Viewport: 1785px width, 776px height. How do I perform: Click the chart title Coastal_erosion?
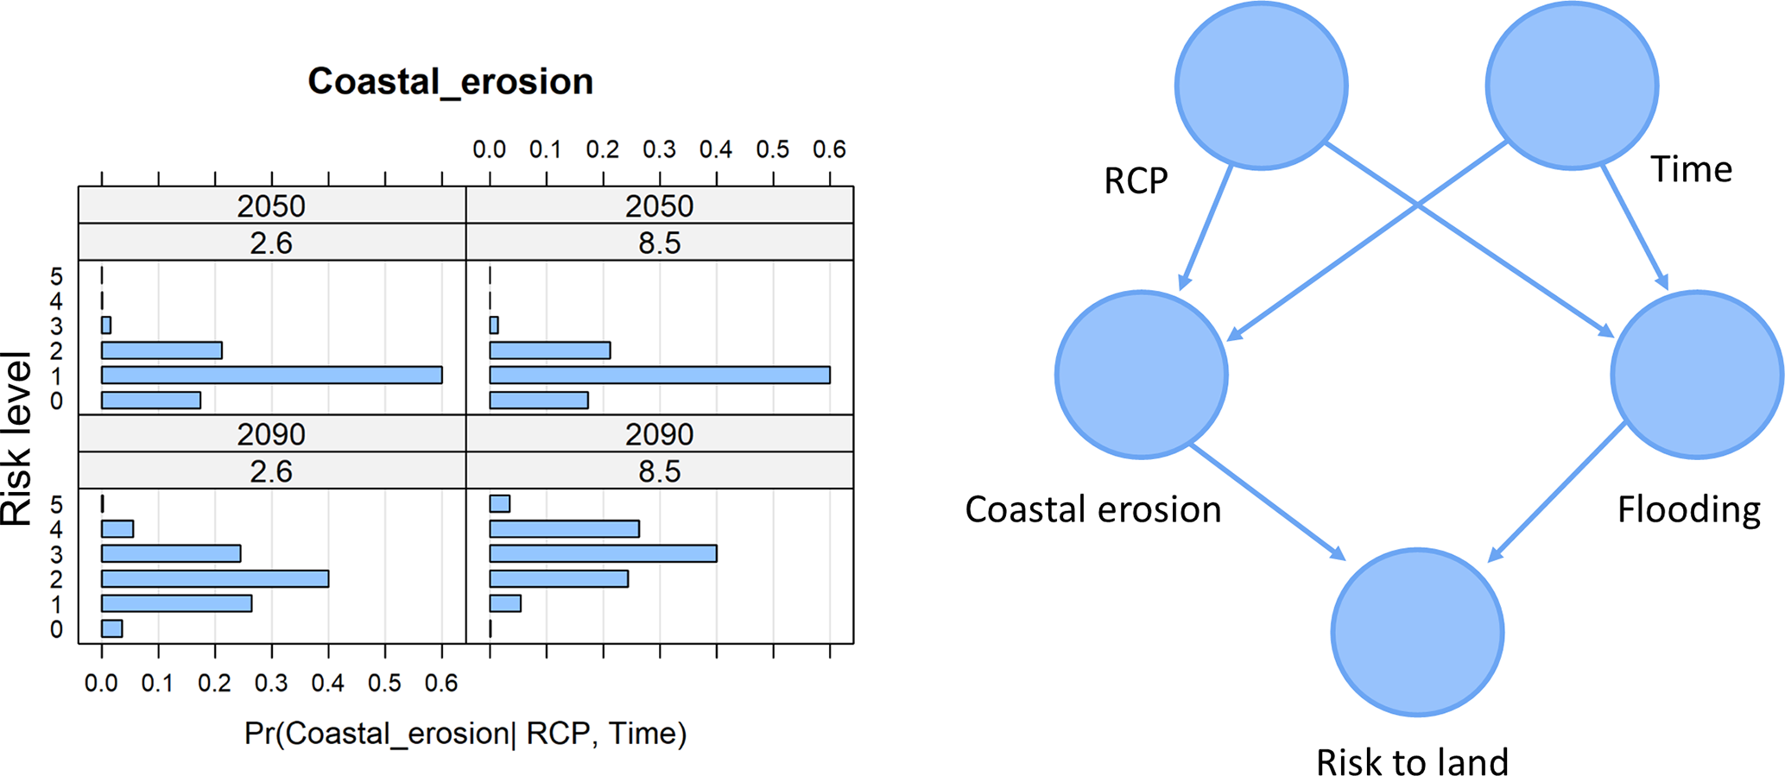click(451, 82)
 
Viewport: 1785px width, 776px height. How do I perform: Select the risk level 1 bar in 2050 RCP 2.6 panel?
click(272, 375)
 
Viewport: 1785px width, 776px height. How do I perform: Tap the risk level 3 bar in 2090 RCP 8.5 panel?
click(603, 553)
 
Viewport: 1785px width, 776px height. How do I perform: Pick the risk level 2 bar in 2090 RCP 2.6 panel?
click(215, 578)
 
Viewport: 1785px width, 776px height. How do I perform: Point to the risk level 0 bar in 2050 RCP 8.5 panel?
click(539, 400)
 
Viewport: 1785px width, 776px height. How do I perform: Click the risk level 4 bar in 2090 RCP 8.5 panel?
click(564, 528)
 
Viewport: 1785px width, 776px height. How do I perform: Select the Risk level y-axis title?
click(16, 438)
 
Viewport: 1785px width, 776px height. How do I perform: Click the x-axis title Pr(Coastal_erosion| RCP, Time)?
click(465, 733)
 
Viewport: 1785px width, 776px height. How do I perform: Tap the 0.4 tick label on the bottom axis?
click(328, 684)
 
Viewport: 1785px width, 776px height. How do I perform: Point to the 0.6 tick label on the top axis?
click(829, 149)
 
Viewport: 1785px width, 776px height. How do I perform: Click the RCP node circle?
click(1262, 85)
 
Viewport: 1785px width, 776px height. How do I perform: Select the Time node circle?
click(1572, 85)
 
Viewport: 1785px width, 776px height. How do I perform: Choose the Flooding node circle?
click(1697, 375)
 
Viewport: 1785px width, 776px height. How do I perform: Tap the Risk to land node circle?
click(1417, 632)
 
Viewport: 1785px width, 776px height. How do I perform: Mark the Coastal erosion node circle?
click(1142, 375)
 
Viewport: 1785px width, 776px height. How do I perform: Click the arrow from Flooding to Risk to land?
click(1558, 492)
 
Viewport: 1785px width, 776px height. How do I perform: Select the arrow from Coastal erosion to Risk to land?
click(1268, 502)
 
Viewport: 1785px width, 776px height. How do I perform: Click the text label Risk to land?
click(1412, 761)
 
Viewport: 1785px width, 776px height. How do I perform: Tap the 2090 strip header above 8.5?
click(660, 433)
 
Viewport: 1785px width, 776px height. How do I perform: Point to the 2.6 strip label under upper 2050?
click(271, 243)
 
